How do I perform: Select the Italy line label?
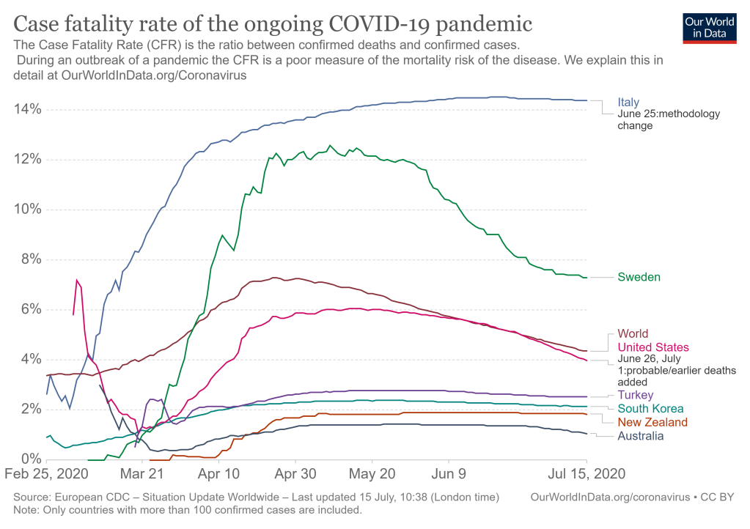(x=628, y=102)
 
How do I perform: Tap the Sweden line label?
(x=639, y=277)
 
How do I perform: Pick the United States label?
(x=653, y=347)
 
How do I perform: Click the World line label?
(x=633, y=334)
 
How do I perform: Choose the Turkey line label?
(x=636, y=396)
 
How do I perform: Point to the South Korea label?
(x=650, y=409)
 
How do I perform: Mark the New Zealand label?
(x=652, y=423)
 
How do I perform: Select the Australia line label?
(x=641, y=436)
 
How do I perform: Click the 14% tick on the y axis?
(x=26, y=110)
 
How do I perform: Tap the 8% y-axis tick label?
(x=30, y=259)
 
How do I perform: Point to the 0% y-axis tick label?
(x=30, y=459)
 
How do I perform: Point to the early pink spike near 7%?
(x=78, y=281)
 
